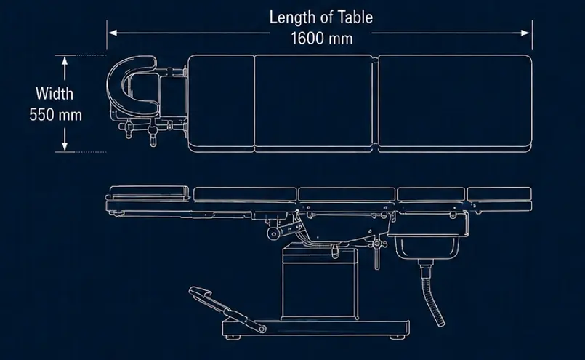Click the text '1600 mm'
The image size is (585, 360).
322,39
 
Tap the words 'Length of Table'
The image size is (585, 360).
321,17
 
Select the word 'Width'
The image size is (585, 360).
55,93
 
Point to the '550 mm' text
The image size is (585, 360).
55,115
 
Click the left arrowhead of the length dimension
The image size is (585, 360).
113,33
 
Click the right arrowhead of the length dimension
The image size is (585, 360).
525,33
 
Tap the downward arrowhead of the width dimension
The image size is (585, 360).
65,146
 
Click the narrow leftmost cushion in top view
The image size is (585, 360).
221,103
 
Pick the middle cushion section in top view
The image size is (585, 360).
313,103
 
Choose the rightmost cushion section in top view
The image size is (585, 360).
455,103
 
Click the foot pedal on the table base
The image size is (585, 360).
224,308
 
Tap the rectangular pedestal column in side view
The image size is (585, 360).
320,284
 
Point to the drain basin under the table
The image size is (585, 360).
427,246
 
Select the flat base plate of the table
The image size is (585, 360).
315,327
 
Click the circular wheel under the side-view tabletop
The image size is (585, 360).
274,233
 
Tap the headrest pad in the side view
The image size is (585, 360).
149,191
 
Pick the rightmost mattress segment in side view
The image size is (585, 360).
499,194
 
